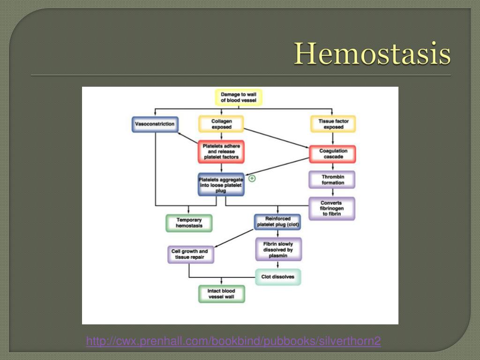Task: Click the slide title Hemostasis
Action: click(x=372, y=54)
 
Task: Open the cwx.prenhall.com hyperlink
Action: click(x=233, y=341)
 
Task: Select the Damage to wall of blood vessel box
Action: click(x=239, y=97)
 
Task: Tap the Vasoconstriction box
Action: click(x=155, y=124)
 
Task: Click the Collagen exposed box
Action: click(x=221, y=124)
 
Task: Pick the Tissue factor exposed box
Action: click(x=333, y=124)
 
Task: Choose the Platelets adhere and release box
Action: click(x=221, y=151)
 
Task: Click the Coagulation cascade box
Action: click(x=333, y=154)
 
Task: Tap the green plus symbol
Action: click(x=252, y=178)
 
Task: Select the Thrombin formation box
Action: click(x=332, y=180)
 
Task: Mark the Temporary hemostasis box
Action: click(x=189, y=223)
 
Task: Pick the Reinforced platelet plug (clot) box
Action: click(x=277, y=222)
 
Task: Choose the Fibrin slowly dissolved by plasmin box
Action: click(x=278, y=249)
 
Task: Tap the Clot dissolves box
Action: click(x=277, y=277)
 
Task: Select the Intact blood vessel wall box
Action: click(x=221, y=294)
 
